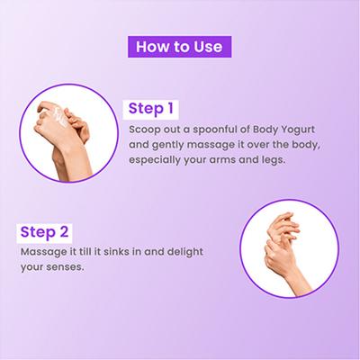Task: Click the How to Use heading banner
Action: (179, 47)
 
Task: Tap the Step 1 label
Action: (151, 109)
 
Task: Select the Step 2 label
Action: (44, 232)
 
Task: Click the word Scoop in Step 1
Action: (144, 130)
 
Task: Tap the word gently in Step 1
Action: (167, 146)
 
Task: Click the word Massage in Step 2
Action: (42, 252)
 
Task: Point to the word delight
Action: (185, 252)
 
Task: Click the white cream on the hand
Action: (54, 117)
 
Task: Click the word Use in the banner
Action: (208, 47)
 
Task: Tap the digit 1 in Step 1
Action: (170, 108)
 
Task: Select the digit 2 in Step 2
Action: (64, 232)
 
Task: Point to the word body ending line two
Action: (302, 146)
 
